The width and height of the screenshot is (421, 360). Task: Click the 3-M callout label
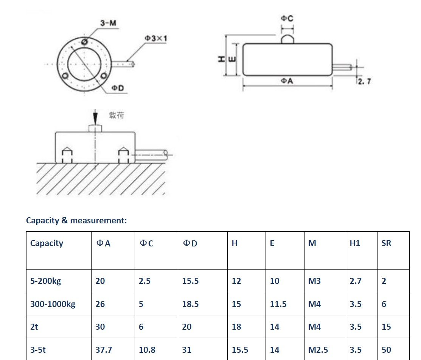(108, 23)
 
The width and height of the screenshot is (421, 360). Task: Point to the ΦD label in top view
(118, 88)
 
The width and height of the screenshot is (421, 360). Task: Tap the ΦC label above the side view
(287, 19)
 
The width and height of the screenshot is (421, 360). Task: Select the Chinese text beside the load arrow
(117, 115)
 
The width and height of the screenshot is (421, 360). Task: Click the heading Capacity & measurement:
(76, 220)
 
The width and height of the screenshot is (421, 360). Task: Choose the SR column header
(386, 243)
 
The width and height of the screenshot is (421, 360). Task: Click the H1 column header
(355, 243)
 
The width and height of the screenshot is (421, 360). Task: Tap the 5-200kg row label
(45, 281)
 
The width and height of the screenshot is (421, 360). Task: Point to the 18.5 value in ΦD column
(190, 304)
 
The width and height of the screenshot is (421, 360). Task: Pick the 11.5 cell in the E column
(278, 304)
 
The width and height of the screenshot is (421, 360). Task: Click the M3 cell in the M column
(314, 281)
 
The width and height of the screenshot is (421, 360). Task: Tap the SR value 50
(386, 350)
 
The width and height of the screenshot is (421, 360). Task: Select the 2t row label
(34, 327)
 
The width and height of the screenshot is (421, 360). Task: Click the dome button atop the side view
(287, 39)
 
